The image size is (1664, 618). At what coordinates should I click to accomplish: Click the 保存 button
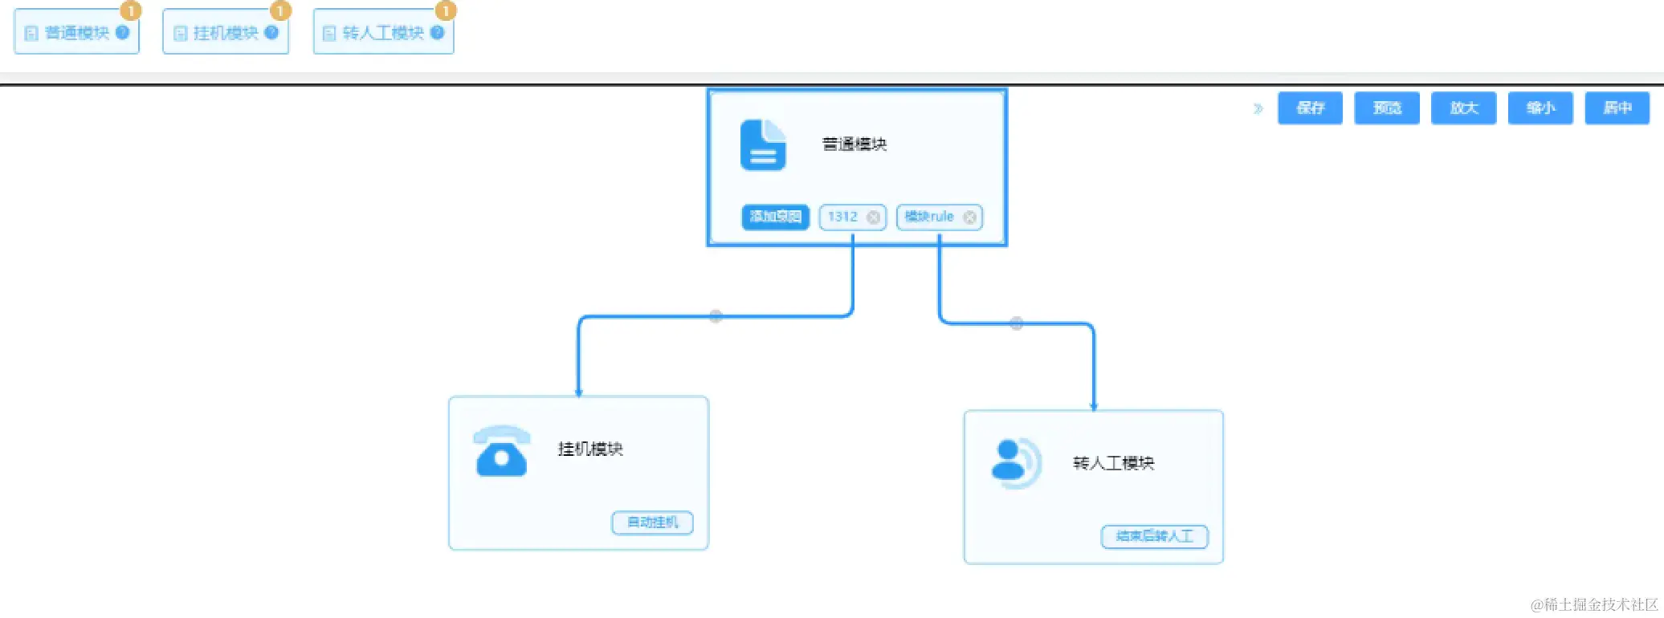[x=1310, y=108]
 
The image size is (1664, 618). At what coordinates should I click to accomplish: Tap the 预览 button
[x=1387, y=108]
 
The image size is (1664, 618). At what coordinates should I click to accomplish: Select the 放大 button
[x=1463, y=108]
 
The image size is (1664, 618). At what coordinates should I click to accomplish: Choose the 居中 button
[x=1617, y=108]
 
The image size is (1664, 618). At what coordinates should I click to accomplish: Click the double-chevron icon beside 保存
[x=1258, y=108]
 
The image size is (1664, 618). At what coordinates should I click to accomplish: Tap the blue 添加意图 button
[x=775, y=217]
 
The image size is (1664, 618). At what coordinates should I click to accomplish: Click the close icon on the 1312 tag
[x=873, y=218]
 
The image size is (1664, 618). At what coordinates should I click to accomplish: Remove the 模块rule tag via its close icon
[x=969, y=218]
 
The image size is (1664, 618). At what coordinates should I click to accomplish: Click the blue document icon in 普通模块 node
[x=762, y=145]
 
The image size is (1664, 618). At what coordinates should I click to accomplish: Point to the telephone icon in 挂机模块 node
[x=502, y=451]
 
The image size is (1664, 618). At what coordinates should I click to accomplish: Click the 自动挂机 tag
[x=652, y=522]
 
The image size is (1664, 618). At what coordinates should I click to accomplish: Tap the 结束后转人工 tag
[x=1154, y=536]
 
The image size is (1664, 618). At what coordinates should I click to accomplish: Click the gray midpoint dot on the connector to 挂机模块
[x=716, y=316]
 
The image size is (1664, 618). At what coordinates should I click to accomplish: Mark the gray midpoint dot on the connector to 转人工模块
[x=1016, y=323]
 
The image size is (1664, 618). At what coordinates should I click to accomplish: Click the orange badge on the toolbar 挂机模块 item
[x=279, y=10]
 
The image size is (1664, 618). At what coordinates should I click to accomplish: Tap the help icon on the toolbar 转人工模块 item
[x=437, y=33]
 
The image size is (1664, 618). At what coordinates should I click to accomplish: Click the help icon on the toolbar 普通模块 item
[x=122, y=33]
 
